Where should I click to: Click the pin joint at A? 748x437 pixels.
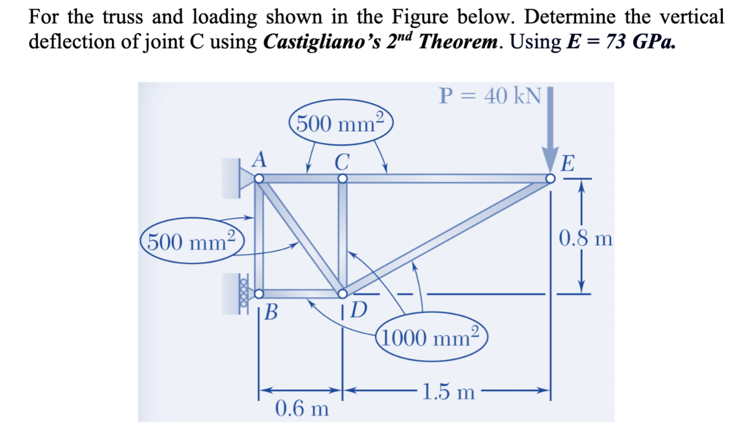click(259, 179)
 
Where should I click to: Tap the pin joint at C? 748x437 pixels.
click(343, 179)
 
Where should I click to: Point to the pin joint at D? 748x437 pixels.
click(343, 294)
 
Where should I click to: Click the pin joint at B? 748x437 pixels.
click(259, 294)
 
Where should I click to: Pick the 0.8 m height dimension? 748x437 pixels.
click(585, 238)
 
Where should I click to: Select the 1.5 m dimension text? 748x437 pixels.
click(448, 392)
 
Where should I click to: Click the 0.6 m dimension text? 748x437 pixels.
click(302, 409)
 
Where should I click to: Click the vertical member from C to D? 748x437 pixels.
click(343, 235)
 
